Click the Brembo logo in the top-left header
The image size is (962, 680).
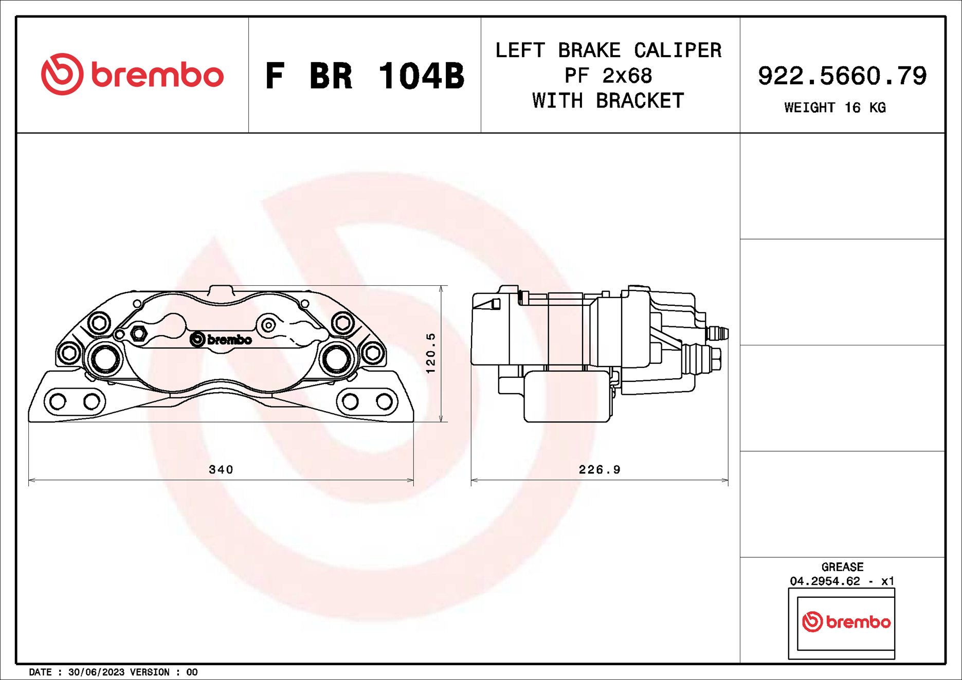pos(132,75)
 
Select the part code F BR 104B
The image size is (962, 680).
pos(365,76)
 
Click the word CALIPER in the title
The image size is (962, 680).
pos(677,50)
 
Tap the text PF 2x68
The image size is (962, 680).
pos(608,76)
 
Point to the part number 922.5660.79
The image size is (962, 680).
pos(842,76)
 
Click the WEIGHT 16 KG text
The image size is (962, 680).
pos(834,107)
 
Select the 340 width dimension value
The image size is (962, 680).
pos(221,469)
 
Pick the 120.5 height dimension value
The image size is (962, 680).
pos(431,353)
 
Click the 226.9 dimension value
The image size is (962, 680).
pos(600,469)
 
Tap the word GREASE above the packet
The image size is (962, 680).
pos(842,567)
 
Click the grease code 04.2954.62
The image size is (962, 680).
pos(825,581)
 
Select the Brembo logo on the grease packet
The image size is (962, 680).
pos(846,622)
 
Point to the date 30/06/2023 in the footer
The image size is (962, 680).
pos(96,672)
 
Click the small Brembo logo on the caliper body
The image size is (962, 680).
pos(221,339)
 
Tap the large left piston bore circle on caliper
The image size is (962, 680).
pos(105,358)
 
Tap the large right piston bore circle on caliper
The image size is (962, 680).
pos(337,358)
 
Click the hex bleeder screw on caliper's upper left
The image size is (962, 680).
pos(138,334)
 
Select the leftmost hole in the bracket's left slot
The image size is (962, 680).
pos(58,401)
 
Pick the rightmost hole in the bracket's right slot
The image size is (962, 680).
pos(384,401)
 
